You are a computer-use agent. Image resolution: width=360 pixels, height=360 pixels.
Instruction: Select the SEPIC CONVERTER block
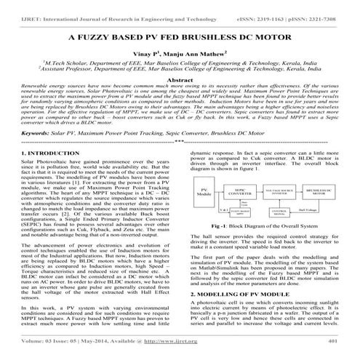point(239,193)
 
